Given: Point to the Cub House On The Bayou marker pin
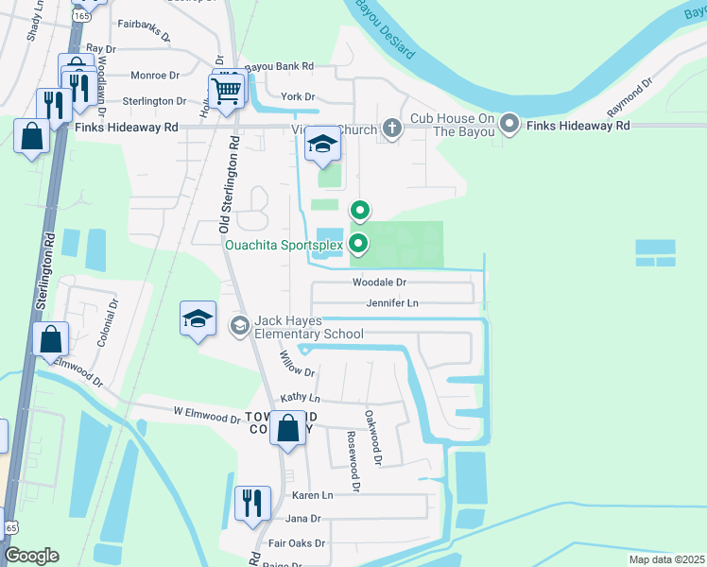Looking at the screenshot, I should (x=510, y=124).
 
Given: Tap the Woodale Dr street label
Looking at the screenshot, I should (x=379, y=282).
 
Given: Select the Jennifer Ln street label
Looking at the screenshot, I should (x=392, y=302).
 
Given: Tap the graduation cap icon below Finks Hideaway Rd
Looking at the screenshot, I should (x=322, y=145).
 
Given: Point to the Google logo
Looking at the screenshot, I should (x=31, y=556).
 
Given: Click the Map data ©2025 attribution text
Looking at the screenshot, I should (x=665, y=558).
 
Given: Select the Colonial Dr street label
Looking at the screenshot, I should (x=106, y=320).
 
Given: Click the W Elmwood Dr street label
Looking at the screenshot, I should (x=206, y=415).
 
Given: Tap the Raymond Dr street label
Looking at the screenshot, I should (x=630, y=96).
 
